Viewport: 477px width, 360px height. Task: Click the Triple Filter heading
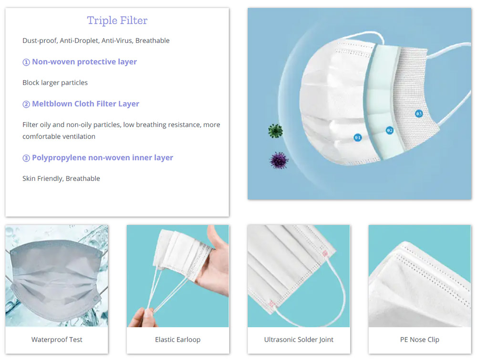pos(117,21)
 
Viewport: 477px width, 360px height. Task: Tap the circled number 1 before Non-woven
pos(26,62)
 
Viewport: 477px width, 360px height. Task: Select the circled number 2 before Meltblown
pos(26,104)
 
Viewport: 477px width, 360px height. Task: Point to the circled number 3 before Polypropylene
pos(26,158)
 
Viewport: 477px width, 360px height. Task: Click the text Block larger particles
pos(55,83)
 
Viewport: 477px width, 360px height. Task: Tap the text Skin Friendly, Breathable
pos(61,179)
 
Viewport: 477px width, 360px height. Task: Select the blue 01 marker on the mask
pos(357,138)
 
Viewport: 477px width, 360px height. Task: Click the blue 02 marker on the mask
pos(389,130)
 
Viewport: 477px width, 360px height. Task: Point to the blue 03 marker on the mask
pos(419,114)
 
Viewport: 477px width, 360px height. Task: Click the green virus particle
pos(276,131)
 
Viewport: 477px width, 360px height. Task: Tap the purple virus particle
pos(279,160)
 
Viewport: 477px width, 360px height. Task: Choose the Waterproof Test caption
pos(57,339)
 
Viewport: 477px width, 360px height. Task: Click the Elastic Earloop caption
pos(177,339)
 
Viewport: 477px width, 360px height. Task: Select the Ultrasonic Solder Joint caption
pos(299,339)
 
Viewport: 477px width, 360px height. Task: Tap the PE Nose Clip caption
pos(419,339)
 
